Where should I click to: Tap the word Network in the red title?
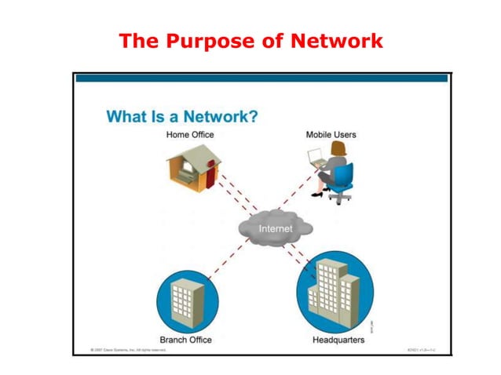point(341,40)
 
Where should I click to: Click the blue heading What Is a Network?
point(182,117)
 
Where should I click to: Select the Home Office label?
point(189,135)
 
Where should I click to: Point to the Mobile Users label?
point(331,135)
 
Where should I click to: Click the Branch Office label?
point(185,339)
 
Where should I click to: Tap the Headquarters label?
point(338,339)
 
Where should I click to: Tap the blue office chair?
point(342,181)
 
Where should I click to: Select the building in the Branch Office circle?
point(186,299)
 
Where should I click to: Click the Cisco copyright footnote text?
point(127,349)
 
